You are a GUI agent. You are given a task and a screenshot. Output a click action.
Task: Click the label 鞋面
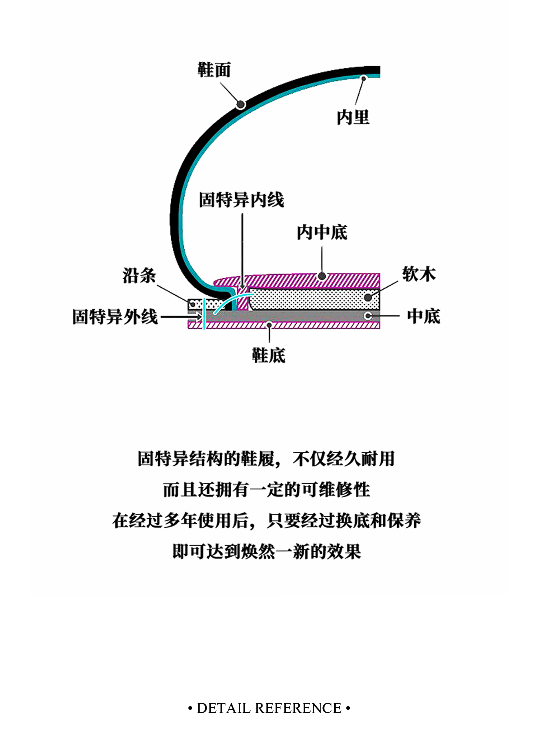pos(214,70)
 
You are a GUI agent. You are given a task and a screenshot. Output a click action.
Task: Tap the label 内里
pos(353,117)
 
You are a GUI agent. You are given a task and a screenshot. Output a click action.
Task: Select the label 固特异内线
pos(241,200)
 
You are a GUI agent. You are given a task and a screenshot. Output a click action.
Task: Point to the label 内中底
pos(322,233)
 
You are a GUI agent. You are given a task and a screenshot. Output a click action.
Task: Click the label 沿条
pos(139,276)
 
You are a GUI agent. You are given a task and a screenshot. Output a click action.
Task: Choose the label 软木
pos(419,274)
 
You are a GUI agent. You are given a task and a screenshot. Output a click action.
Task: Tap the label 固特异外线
pos(115,317)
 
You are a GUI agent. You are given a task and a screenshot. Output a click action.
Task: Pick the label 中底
pos(423,316)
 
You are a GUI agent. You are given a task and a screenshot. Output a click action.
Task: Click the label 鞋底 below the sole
pos(269,356)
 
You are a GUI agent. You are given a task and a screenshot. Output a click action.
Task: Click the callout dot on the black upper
pos(241,105)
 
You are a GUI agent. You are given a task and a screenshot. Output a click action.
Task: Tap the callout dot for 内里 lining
pos(363,78)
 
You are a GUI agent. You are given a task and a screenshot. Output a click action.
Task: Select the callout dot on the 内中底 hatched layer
pos(322,276)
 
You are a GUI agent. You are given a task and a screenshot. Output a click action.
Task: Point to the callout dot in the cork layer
pos(368,298)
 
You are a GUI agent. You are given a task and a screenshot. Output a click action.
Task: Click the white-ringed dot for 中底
pos(368,316)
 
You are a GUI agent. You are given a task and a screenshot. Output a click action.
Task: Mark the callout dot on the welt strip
pos(193,304)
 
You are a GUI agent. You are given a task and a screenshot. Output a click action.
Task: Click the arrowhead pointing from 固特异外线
pos(199,317)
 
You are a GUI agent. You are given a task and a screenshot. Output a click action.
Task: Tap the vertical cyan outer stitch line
pos(204,314)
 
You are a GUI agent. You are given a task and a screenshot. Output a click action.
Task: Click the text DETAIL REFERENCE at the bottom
pos(269,708)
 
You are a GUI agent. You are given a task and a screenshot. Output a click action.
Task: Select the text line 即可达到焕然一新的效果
pos(266,551)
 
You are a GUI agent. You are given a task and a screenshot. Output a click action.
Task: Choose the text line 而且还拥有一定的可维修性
pos(266,490)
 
